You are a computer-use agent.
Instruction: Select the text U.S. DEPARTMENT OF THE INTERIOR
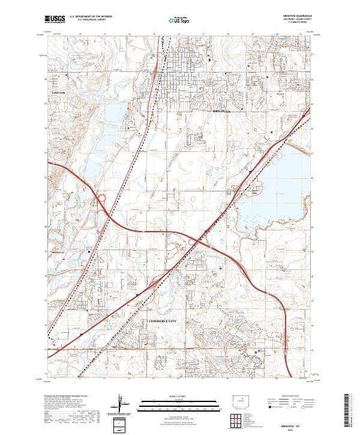(x=89, y=17)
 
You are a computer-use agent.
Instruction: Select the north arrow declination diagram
(x=121, y=404)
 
